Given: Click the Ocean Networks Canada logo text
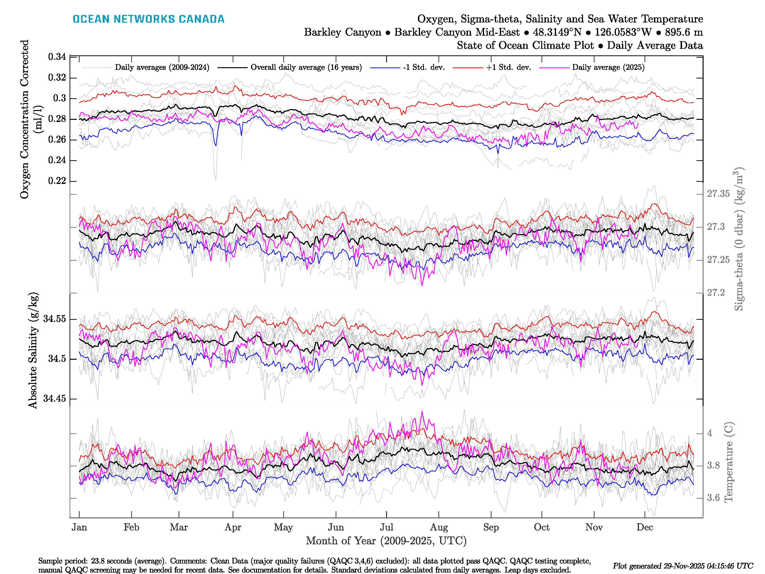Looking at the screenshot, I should click(x=148, y=19).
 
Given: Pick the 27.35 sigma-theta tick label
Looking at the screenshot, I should click(x=718, y=194).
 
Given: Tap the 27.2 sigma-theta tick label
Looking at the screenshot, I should click(x=716, y=293).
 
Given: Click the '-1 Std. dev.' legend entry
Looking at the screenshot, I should click(x=424, y=67).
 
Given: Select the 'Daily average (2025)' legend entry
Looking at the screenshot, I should click(x=608, y=67).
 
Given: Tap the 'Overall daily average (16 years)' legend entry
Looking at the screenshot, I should click(x=306, y=67).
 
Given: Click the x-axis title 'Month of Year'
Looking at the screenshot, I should click(x=386, y=541).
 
